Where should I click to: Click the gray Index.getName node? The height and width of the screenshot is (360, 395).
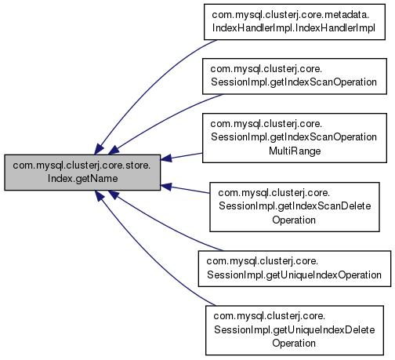coord(82,173)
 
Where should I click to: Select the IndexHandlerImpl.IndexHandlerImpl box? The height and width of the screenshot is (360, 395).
coord(295,22)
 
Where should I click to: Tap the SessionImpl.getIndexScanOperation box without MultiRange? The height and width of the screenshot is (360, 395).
coord(295,76)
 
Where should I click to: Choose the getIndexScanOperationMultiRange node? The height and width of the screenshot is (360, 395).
coord(295,138)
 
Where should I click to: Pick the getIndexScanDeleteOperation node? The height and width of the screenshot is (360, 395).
coord(295,207)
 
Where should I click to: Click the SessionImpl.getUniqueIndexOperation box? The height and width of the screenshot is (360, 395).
coord(295,268)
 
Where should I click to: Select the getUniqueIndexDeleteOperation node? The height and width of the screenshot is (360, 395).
coord(295,330)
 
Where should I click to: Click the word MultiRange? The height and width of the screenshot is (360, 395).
coord(295,151)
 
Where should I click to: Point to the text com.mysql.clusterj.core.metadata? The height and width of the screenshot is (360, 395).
coord(291,15)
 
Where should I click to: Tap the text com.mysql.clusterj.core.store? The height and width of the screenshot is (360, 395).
coord(82,165)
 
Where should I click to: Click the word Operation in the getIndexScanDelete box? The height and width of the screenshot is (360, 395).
coord(294,220)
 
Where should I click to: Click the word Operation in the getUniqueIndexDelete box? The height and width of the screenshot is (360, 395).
coord(294,343)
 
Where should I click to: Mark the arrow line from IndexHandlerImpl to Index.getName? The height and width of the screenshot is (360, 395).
coord(149,86)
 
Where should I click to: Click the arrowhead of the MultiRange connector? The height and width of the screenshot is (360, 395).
coord(166,158)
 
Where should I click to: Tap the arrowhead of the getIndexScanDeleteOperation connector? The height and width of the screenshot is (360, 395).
coord(166,187)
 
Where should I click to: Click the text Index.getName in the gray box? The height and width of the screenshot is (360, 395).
coord(82,179)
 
